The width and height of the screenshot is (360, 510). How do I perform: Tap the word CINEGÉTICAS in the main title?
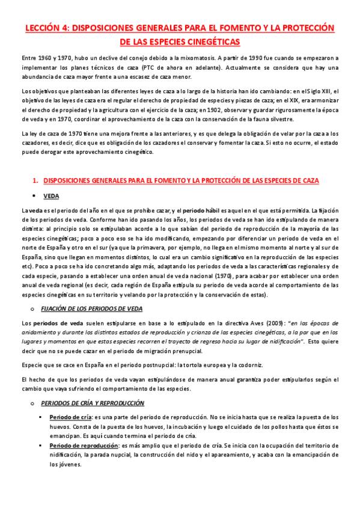click(x=211, y=41)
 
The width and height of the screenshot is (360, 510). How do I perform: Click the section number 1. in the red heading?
click(x=35, y=180)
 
